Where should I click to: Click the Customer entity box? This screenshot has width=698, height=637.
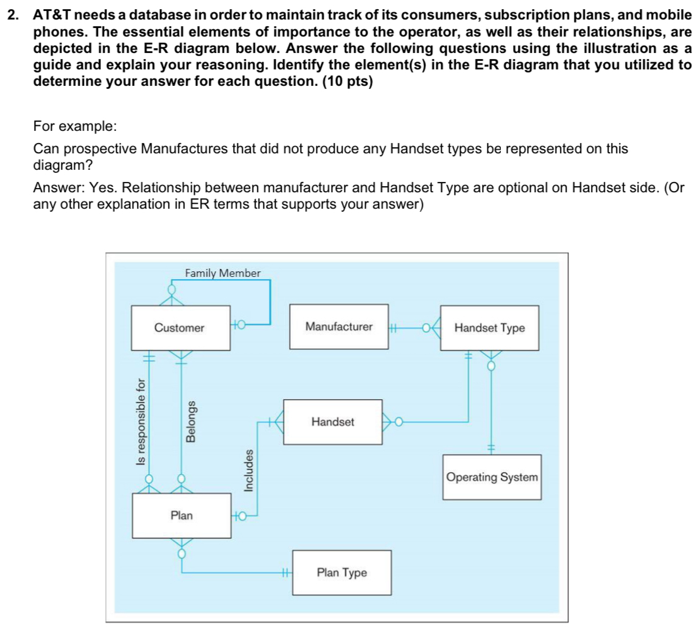[x=180, y=328]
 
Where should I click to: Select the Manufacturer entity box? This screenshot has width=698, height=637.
[x=338, y=327]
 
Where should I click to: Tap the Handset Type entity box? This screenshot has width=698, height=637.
[x=489, y=328]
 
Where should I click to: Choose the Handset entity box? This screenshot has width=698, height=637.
[x=332, y=421]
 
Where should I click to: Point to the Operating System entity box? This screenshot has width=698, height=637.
[x=492, y=477]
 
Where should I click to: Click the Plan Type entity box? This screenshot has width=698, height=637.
[x=341, y=573]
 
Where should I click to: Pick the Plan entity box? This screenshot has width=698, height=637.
[x=181, y=515]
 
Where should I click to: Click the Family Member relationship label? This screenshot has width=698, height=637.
[x=223, y=273]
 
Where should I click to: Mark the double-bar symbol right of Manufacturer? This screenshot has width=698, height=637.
[x=393, y=329]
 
